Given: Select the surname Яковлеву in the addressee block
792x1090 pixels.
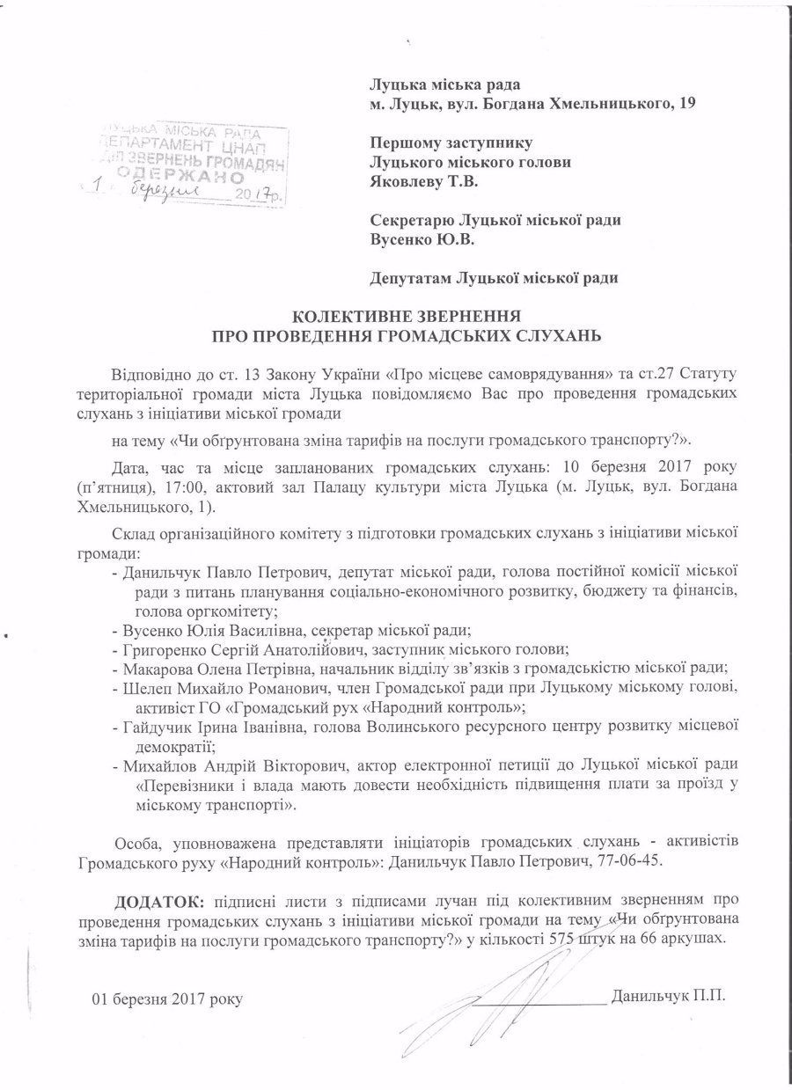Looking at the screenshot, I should (405, 182).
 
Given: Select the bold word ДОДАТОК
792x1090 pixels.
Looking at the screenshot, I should (159, 900).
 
